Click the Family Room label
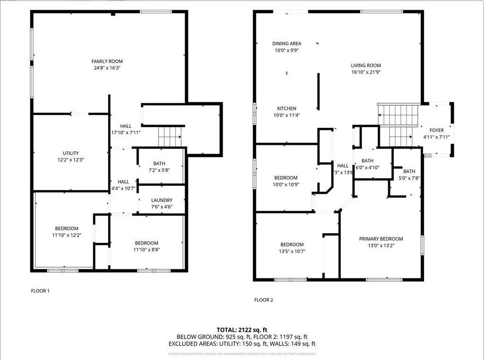(x=107, y=61)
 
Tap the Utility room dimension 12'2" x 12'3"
(x=71, y=160)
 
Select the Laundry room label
(x=161, y=200)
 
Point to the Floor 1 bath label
(x=159, y=164)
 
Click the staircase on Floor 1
(x=170, y=136)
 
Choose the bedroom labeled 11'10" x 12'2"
(x=67, y=228)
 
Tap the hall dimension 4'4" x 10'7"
(x=123, y=188)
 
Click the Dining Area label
(x=286, y=44)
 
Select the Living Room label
(x=366, y=66)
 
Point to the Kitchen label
(x=286, y=109)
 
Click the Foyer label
(x=436, y=130)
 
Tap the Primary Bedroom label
(x=381, y=239)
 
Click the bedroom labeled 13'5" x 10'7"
(x=292, y=244)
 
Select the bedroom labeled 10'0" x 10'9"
(x=286, y=178)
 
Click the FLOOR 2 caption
(x=264, y=300)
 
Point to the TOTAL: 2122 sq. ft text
(x=242, y=330)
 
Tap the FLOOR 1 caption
(x=40, y=291)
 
